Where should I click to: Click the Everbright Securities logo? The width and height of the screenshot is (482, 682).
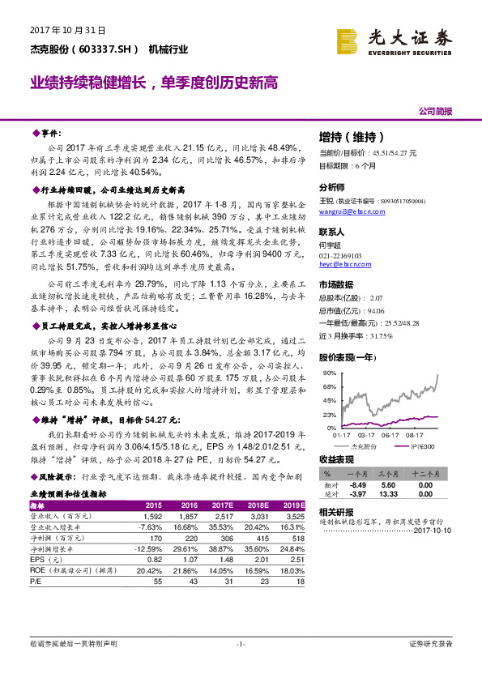(x=395, y=38)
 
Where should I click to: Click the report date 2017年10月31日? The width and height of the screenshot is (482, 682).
(x=68, y=30)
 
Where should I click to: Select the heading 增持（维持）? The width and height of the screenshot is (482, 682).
(x=351, y=136)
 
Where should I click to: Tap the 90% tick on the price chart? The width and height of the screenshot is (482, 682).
(x=329, y=373)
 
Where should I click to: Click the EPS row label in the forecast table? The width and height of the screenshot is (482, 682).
(x=39, y=559)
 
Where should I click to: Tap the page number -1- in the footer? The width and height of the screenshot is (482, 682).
(x=241, y=644)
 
